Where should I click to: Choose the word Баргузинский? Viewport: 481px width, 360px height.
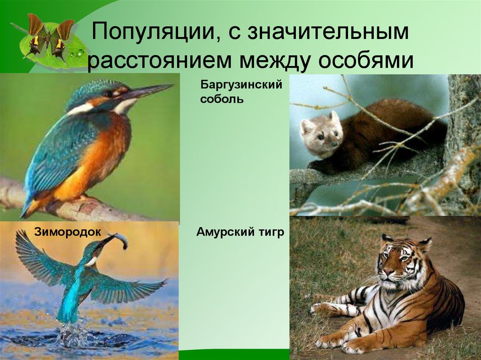(241, 85)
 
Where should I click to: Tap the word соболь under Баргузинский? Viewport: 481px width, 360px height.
(222, 100)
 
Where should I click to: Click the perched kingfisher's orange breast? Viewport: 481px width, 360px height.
(101, 150)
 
